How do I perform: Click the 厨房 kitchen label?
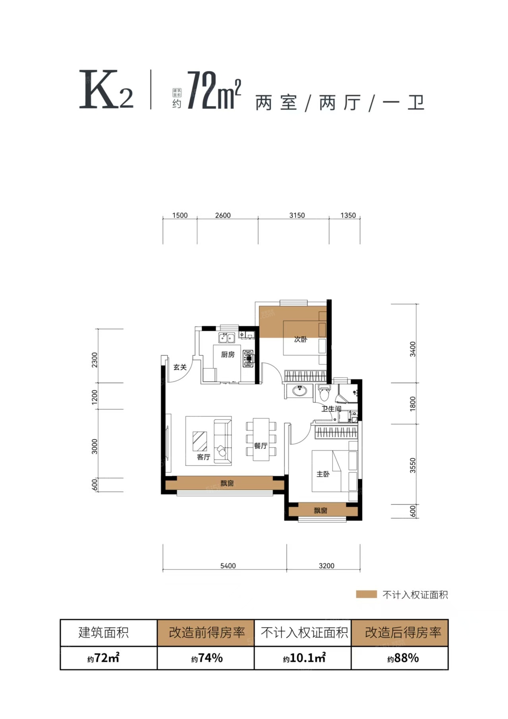tap(228, 355)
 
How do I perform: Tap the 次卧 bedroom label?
tap(300, 339)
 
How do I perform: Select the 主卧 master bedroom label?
tap(323, 474)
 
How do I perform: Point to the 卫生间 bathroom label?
tap(331, 409)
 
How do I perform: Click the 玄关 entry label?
tap(180, 367)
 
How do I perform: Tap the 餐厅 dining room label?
tap(261, 446)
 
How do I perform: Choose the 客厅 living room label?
tap(203, 457)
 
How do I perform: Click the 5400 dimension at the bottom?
tap(228, 566)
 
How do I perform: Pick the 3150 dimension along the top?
tap(297, 215)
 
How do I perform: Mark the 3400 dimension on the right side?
tap(413, 349)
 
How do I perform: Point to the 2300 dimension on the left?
tap(94, 360)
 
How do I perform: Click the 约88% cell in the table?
tap(403, 658)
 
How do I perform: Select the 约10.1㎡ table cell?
tap(304, 658)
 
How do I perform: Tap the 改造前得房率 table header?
tap(207, 632)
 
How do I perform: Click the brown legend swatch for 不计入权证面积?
tap(366, 595)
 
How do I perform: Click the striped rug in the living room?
tap(200, 441)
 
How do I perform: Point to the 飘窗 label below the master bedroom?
tap(320, 510)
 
